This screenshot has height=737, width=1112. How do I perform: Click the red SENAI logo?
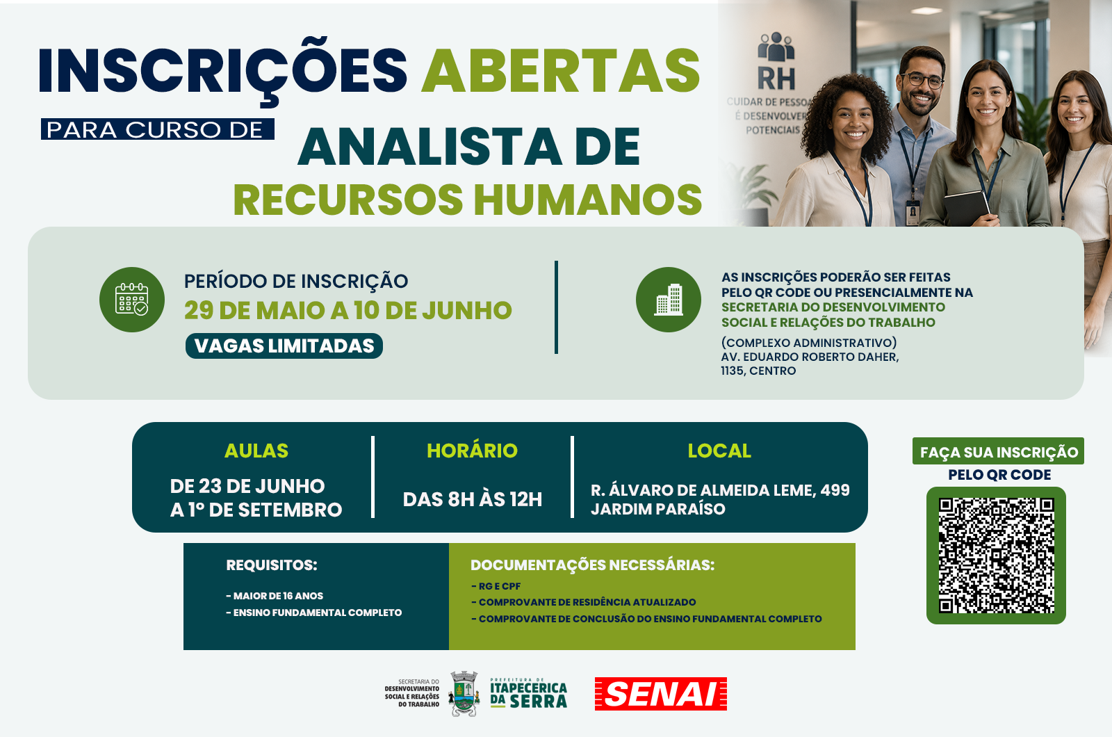661,694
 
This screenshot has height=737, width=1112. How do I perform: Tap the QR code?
996,556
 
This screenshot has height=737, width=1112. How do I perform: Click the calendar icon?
131,300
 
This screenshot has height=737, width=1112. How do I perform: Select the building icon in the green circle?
668,300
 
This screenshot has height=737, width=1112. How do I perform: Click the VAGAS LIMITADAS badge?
284,346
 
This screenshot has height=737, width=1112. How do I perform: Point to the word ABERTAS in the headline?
560,70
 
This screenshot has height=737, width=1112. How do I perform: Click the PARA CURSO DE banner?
157,129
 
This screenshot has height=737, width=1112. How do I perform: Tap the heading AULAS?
256,451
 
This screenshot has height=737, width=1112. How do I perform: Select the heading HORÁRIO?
472,450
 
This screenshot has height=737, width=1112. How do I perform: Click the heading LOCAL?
719,451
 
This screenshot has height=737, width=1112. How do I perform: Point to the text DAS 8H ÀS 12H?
472,499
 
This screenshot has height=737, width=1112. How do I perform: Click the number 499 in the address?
835,490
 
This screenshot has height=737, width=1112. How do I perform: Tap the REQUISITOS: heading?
272,565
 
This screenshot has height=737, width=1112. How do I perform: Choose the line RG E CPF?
496,586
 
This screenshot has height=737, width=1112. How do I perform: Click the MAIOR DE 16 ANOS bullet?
275,595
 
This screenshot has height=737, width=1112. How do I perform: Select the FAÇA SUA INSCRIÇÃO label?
998,451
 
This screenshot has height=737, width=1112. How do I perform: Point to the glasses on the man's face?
922,79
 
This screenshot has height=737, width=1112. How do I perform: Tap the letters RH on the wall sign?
776,78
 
